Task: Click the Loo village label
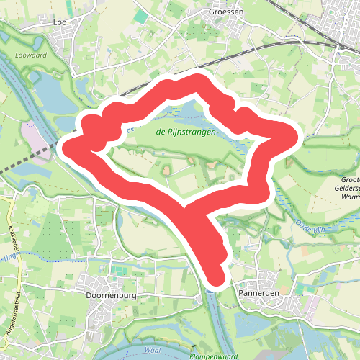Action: coord(60,22)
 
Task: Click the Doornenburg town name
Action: coord(109,295)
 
